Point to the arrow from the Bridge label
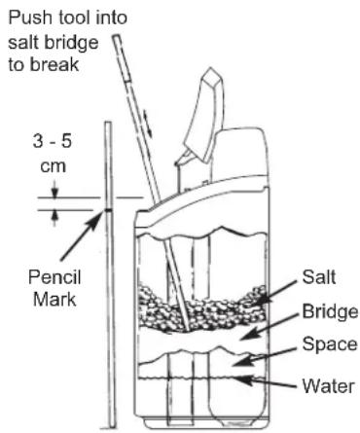(x=277, y=326)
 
